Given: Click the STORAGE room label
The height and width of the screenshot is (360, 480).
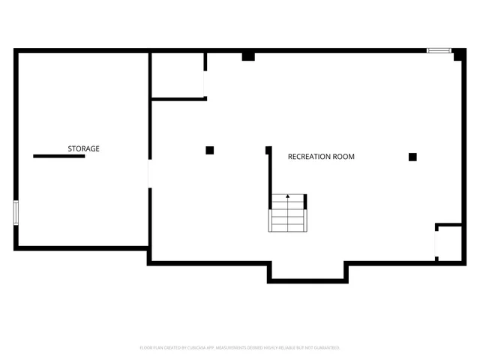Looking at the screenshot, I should (83, 149).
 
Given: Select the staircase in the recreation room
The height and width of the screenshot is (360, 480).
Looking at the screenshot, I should (288, 213).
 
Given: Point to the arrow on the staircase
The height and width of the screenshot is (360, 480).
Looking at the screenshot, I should (287, 196).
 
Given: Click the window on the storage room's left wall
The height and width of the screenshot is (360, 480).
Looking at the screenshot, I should (16, 211).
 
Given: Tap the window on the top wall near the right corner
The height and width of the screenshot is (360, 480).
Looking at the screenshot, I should (438, 51).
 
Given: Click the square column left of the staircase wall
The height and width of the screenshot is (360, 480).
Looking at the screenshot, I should (210, 150).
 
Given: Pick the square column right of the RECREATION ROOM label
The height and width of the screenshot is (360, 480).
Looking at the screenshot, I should (412, 157).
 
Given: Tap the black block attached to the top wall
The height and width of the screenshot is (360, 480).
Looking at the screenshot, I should (248, 56).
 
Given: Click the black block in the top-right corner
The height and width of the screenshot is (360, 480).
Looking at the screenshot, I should (459, 55).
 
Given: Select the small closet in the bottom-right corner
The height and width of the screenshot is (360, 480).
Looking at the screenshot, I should (449, 243).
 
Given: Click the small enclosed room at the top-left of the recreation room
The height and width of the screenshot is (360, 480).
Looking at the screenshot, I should (178, 75).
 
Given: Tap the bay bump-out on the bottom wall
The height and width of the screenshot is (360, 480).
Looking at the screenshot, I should (307, 271).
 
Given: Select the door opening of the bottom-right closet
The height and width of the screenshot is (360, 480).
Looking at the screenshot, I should (436, 242).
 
